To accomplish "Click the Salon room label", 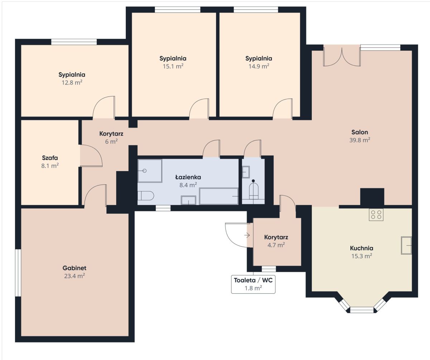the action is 359,132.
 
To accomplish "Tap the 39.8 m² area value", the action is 359,140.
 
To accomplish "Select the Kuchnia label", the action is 362,248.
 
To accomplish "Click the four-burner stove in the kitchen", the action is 376,214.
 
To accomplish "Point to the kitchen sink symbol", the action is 406,245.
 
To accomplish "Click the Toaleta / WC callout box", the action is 253,284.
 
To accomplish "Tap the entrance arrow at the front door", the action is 247,235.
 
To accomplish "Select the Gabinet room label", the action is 74,268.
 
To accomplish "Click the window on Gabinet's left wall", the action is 18,273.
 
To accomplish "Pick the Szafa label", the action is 50,158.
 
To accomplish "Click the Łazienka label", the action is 188,177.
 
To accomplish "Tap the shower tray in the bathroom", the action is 150,171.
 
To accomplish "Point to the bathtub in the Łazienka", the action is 219,196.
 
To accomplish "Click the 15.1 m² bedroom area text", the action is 173,66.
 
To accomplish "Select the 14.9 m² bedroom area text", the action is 259,66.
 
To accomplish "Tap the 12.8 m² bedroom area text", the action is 72,82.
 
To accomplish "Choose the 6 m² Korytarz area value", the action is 111,142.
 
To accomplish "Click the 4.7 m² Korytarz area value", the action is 276,245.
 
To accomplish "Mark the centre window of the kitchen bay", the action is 362,310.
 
